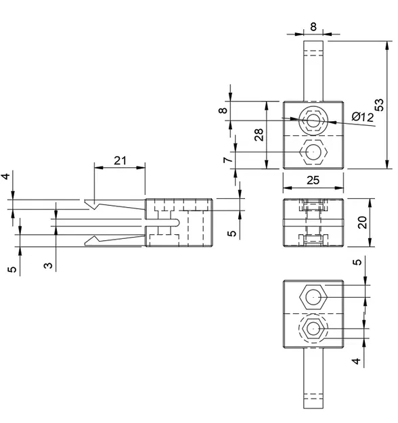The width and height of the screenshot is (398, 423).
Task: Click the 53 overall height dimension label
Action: [380, 104]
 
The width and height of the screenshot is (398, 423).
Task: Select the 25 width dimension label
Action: [313, 180]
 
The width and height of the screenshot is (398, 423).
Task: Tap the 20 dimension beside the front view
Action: [363, 223]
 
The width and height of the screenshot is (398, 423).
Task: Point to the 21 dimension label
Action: [120, 160]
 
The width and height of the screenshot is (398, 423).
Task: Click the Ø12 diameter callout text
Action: [362, 117]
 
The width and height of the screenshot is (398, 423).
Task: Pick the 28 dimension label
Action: [259, 135]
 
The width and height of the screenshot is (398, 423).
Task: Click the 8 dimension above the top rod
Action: [313, 27]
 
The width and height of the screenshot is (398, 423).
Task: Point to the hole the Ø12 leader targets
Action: [313, 122]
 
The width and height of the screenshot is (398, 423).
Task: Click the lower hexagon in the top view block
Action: [313, 153]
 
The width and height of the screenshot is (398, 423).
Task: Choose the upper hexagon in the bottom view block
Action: [313, 297]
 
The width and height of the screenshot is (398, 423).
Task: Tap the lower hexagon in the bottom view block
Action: [313, 329]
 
